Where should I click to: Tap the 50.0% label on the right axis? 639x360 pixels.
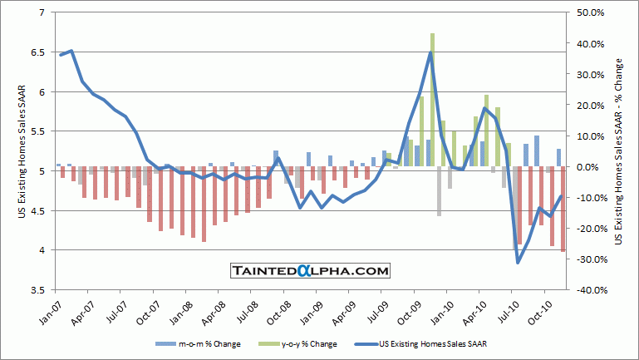tap(583, 12)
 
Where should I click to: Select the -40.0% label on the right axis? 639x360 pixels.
tap(583, 289)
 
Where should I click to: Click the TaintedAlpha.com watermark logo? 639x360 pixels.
tap(310, 271)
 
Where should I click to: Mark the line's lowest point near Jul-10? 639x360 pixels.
tap(518, 263)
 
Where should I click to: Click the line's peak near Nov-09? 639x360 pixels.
tap(430, 52)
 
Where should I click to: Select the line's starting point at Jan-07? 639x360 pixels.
tap(60, 55)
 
